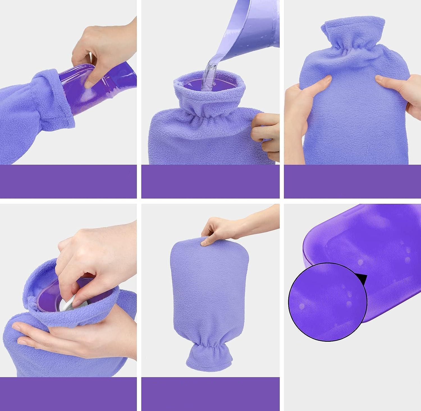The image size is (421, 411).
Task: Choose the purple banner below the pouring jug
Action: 210,181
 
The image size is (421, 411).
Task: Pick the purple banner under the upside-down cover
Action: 210,394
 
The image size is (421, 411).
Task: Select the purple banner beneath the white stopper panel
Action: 68,394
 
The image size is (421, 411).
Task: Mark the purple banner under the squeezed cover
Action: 352,181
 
